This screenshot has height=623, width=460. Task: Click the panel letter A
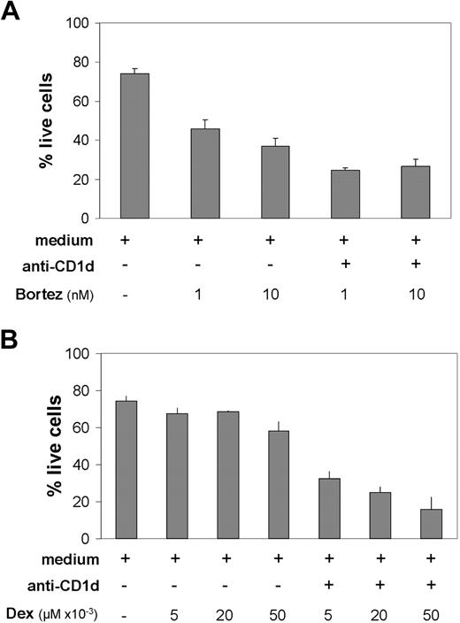click(x=11, y=12)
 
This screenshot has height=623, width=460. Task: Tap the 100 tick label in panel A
click(x=78, y=24)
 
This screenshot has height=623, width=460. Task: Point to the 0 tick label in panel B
click(x=86, y=538)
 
